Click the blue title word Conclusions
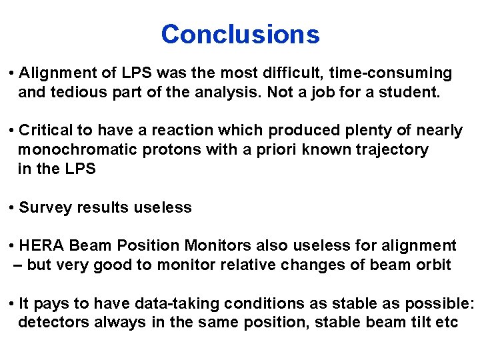click(x=240, y=34)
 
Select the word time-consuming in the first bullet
click(x=393, y=73)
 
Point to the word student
click(x=411, y=92)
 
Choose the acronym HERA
click(x=42, y=246)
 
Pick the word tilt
click(x=423, y=323)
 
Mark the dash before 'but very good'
click(x=18, y=265)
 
